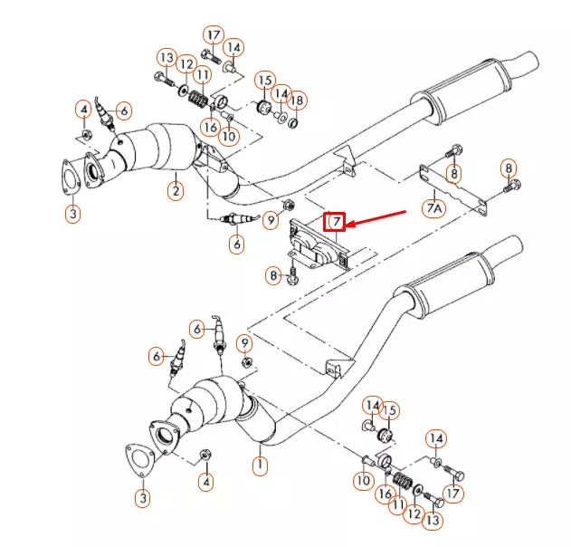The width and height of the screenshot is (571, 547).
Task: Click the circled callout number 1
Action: (261, 466)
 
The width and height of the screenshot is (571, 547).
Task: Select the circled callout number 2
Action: (176, 190)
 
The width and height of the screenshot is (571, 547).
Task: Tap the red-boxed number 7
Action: (335, 221)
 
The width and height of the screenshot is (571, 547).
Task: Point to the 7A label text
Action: (435, 207)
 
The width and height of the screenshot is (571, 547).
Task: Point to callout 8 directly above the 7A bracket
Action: (453, 172)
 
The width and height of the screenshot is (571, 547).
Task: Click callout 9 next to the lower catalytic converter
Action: (244, 343)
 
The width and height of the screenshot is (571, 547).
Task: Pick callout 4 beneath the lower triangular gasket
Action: (206, 482)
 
